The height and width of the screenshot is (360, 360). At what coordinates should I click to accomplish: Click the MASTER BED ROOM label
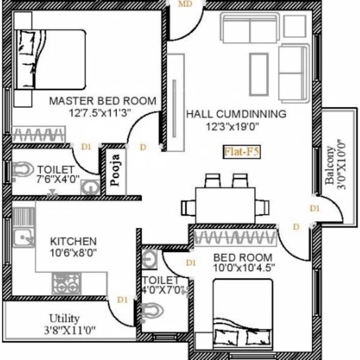(102, 101)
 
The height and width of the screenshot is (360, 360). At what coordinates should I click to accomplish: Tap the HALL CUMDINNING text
(236, 114)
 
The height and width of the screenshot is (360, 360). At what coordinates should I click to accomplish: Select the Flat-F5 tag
(241, 151)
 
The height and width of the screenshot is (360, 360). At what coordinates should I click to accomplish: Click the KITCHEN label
(73, 241)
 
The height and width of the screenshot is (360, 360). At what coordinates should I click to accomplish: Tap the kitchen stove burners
(67, 284)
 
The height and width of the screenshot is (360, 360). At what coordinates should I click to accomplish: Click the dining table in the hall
(225, 205)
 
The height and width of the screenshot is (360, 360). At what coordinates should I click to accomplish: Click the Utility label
(64, 319)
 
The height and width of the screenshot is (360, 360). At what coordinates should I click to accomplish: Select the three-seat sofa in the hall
(249, 28)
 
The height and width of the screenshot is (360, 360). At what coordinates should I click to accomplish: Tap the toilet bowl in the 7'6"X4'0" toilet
(21, 169)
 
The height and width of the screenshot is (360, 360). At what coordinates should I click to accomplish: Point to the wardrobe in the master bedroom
(37, 135)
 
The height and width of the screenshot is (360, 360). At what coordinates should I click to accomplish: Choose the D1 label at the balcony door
(314, 208)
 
